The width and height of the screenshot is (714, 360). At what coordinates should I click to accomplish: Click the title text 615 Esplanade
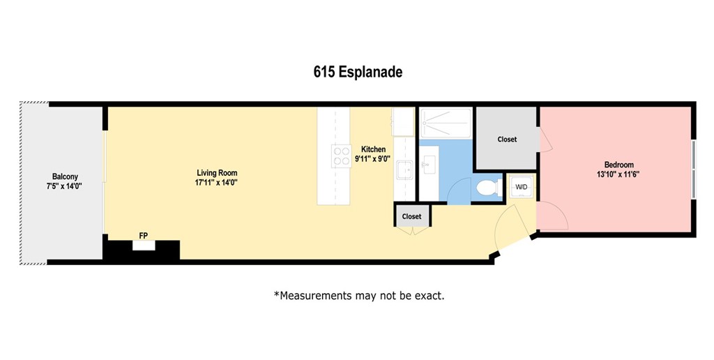point(357,72)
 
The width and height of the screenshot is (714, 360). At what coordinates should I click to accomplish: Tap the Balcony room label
point(65,177)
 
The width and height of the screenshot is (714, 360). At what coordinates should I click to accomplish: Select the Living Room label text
point(217,172)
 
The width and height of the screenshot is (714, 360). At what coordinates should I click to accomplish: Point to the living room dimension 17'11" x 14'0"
point(217,183)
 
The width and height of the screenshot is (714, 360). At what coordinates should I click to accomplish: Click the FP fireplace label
point(143,236)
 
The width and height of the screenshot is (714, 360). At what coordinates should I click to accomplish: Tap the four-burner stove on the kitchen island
point(341,155)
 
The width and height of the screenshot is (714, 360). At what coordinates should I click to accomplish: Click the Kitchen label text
point(373,149)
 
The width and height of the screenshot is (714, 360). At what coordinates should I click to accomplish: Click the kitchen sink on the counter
point(404,170)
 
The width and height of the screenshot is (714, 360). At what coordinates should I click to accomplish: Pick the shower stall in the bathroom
point(446,122)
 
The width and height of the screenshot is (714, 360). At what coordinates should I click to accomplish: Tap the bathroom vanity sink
point(430,165)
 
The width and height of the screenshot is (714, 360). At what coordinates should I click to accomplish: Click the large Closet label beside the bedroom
point(507,140)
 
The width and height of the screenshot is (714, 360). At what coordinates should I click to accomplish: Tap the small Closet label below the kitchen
point(411,216)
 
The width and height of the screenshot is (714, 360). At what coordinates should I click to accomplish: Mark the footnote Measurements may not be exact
point(359,295)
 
